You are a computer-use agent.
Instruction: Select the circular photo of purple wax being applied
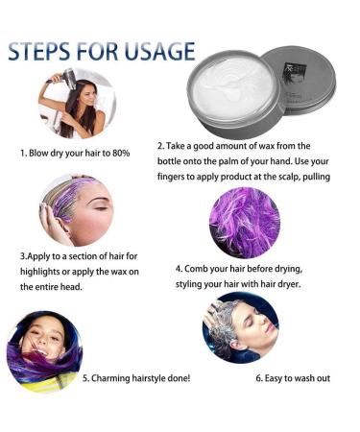pyautogui.click(x=76, y=210)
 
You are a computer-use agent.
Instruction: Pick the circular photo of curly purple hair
pyautogui.click(x=244, y=223)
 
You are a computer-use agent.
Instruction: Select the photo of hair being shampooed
pyautogui.click(x=240, y=326)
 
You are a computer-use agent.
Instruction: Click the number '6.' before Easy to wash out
pyautogui.click(x=260, y=377)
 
